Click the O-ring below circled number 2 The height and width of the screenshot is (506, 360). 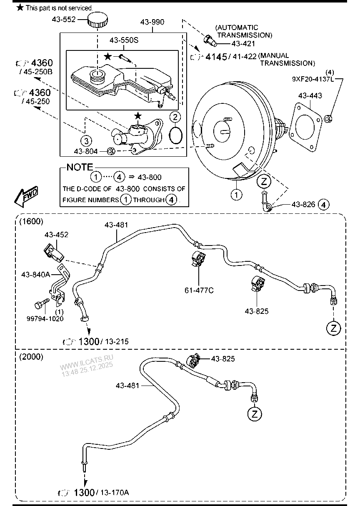[x=176, y=135]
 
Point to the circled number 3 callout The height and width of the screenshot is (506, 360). [x=86, y=140]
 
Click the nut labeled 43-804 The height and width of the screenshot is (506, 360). [x=111, y=151]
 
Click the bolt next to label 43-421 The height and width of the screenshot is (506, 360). [x=208, y=40]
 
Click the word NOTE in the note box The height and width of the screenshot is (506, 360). [x=80, y=167]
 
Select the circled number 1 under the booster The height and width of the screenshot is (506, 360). [x=236, y=194]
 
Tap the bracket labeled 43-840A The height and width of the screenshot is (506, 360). [x=59, y=286]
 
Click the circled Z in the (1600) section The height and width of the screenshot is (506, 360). [x=333, y=328]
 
